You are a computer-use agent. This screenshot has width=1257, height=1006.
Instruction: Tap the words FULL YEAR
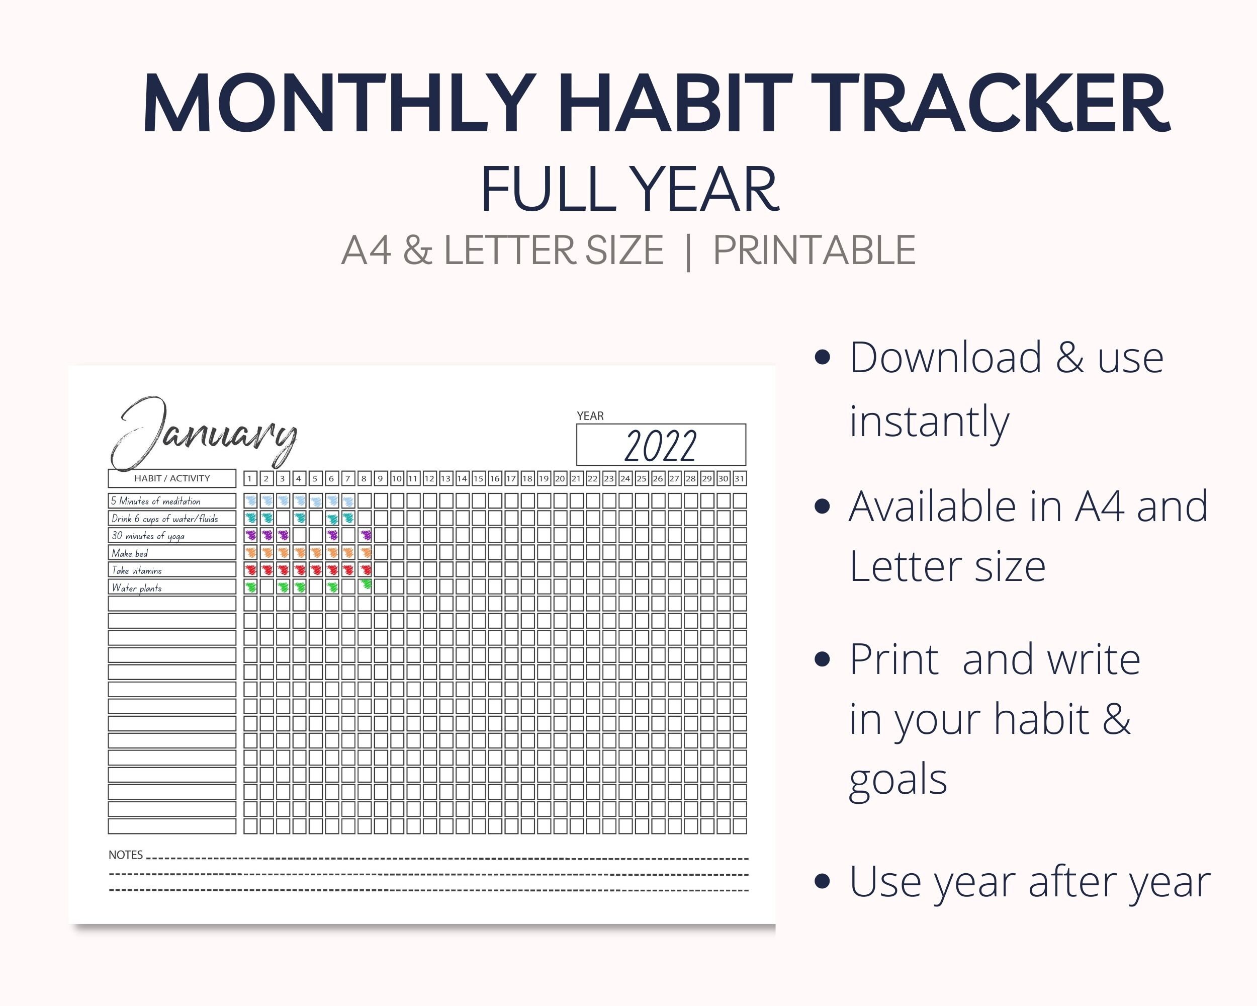[630, 190]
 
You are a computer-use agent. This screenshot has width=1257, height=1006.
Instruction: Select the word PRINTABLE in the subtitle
[814, 251]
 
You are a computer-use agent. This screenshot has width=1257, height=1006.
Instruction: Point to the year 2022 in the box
[661, 446]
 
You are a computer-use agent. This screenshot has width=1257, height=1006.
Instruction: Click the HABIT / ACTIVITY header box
[172, 478]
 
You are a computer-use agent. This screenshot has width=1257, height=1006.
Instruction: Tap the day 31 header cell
[739, 479]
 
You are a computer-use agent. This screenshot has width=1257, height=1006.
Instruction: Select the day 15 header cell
[478, 479]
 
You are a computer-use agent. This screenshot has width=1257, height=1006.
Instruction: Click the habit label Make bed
[130, 553]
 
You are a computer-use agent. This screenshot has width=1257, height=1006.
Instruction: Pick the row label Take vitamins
[137, 570]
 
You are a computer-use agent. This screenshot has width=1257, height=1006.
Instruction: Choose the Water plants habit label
[137, 588]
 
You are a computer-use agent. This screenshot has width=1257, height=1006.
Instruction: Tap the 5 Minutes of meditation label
[156, 501]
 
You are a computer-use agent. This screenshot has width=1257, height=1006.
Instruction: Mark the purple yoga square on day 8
[366, 535]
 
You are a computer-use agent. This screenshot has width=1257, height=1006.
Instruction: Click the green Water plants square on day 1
[251, 586]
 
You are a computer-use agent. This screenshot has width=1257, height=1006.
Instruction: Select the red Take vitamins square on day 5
[316, 570]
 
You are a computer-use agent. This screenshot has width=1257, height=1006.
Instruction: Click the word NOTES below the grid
[125, 855]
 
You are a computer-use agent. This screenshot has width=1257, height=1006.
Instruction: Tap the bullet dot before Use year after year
[822, 881]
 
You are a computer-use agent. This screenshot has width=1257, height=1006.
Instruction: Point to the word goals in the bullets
[898, 780]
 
